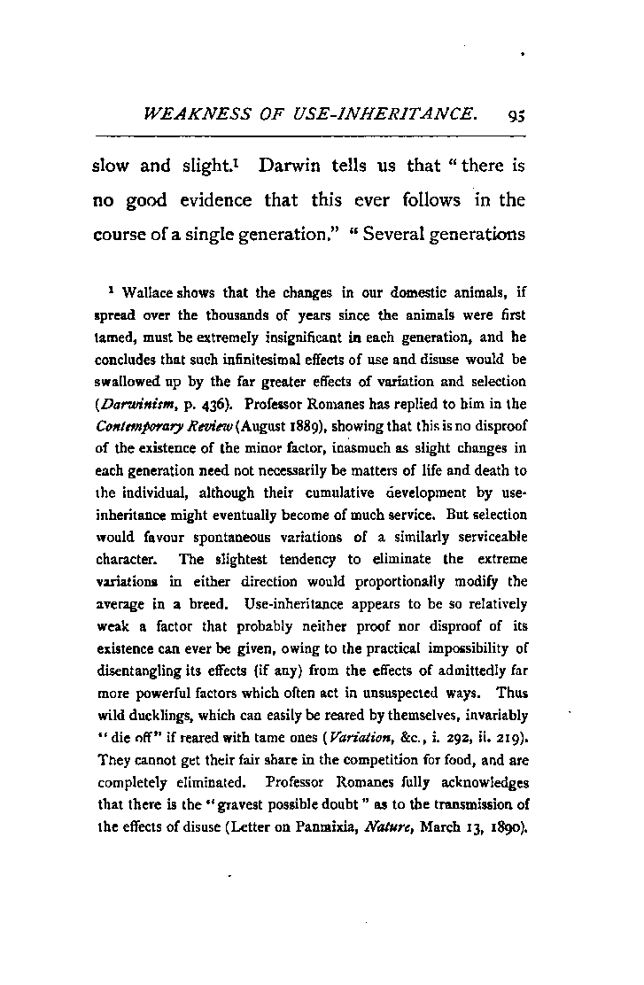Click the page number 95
(515, 115)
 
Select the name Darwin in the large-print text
(299, 166)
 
